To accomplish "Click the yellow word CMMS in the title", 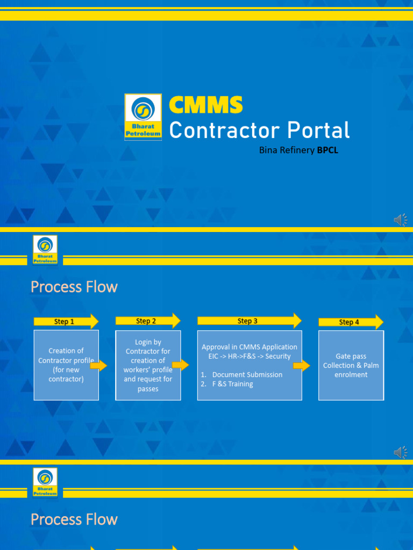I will (206, 105).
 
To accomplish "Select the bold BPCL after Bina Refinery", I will (327, 150).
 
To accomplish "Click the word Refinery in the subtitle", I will (297, 150).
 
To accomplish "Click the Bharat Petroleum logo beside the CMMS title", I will (143, 117).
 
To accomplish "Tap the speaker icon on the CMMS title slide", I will (401, 220).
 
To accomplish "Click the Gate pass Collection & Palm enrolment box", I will (351, 365).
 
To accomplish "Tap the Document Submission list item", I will (247, 374).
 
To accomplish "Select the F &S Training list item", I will (232, 384).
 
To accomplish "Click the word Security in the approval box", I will (278, 356).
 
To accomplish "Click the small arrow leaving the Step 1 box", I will (98, 366).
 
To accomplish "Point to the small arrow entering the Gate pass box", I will (302, 366).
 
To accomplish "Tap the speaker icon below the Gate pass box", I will (401, 453).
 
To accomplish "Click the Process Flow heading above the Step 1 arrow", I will (74, 287).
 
